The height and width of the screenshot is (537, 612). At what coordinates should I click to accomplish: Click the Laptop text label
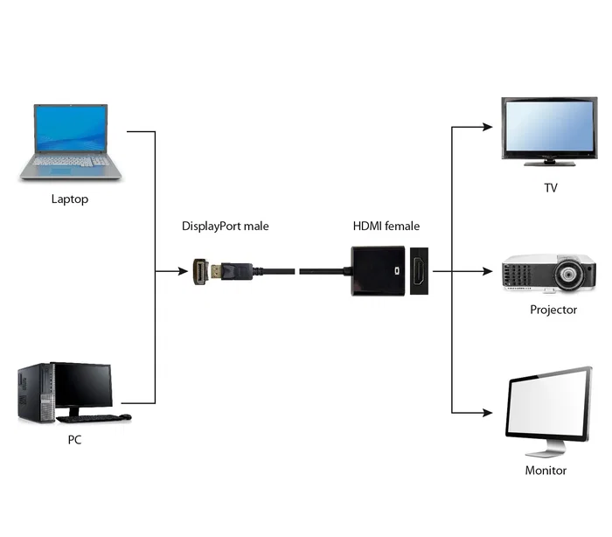pyautogui.click(x=70, y=199)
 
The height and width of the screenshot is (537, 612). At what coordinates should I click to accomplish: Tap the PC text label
pyautogui.click(x=74, y=440)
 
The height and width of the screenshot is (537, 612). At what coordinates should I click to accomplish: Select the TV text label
pyautogui.click(x=550, y=187)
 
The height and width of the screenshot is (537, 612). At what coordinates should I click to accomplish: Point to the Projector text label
pyautogui.click(x=553, y=310)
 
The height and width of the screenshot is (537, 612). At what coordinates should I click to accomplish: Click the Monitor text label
pyautogui.click(x=546, y=470)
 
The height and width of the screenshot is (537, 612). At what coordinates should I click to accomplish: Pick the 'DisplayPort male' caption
pyautogui.click(x=225, y=226)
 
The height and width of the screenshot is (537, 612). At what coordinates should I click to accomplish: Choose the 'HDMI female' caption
pyautogui.click(x=386, y=226)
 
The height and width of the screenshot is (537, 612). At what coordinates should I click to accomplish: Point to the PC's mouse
pyautogui.click(x=126, y=416)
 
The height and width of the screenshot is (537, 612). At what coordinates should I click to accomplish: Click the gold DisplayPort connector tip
pyautogui.click(x=202, y=271)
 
